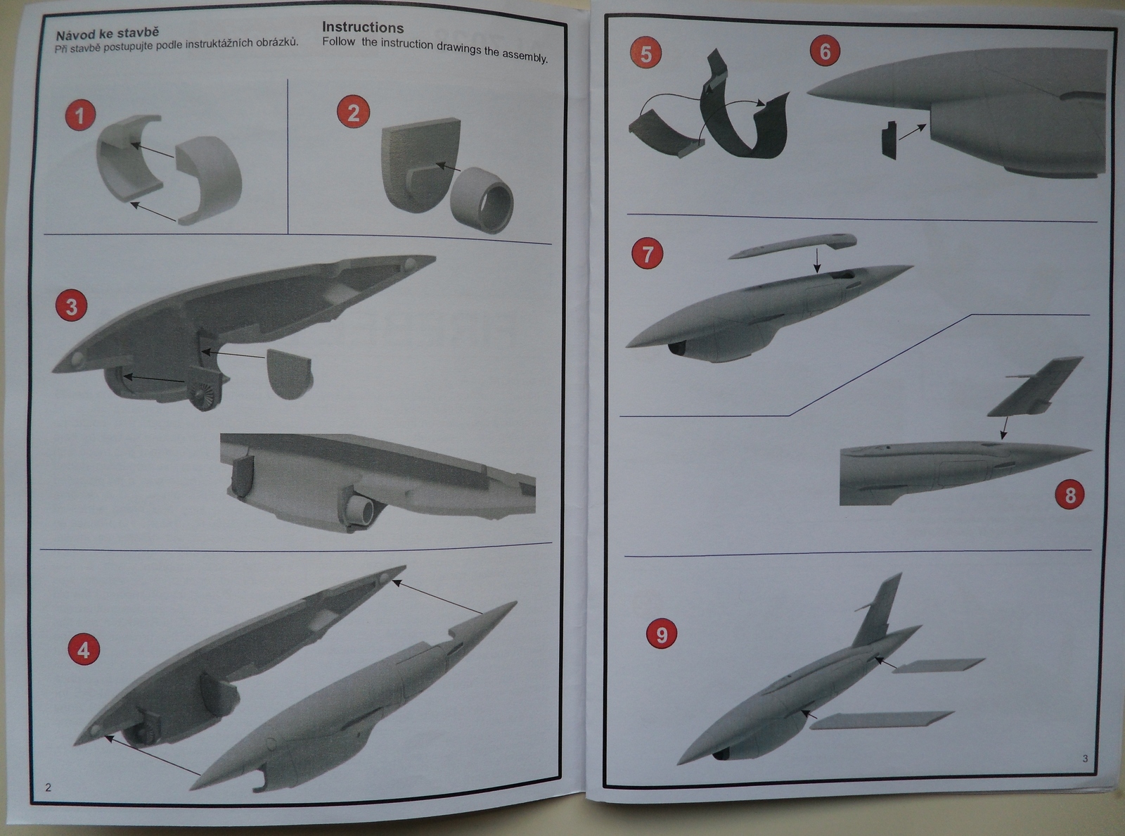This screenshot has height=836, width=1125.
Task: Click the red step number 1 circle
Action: (x=79, y=115)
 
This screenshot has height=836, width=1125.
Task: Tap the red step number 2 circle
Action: (x=353, y=113)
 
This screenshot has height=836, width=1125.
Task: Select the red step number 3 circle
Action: (x=71, y=307)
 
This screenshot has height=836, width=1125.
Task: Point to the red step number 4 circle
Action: (x=83, y=650)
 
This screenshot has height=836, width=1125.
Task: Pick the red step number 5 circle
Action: (x=645, y=53)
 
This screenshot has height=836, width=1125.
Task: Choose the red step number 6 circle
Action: (x=825, y=51)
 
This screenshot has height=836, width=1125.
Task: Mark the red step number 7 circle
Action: (x=648, y=254)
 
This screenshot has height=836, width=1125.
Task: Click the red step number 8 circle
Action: (x=1070, y=495)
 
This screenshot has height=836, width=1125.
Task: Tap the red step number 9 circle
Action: (x=662, y=635)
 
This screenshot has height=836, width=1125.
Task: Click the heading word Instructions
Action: (x=363, y=27)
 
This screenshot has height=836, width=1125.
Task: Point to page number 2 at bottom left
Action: (x=48, y=787)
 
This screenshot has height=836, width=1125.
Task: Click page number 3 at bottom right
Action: (x=1085, y=758)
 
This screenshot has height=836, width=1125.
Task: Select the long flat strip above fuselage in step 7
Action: (x=793, y=246)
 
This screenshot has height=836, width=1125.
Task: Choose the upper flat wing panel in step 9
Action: (x=939, y=665)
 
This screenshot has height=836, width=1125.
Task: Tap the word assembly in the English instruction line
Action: (x=525, y=56)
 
